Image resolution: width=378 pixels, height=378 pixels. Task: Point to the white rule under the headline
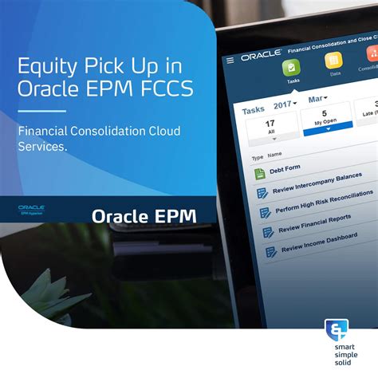(42, 110)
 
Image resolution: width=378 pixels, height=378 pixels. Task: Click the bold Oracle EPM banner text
(144, 215)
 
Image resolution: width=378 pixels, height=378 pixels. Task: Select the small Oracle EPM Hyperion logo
(32, 210)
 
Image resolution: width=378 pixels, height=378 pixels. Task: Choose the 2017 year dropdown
(283, 104)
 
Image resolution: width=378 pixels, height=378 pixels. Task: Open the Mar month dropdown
(320, 100)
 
